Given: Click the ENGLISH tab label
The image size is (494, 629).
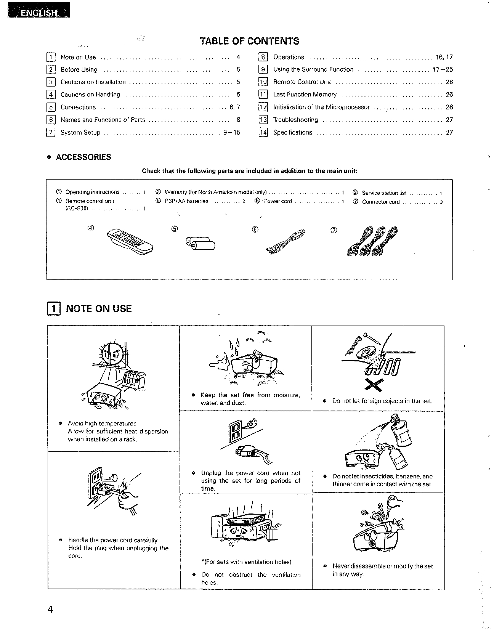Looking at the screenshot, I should tap(38, 13).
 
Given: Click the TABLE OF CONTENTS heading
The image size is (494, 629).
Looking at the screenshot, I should tap(249, 41).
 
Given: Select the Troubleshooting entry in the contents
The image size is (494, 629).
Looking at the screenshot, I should tap(295, 120).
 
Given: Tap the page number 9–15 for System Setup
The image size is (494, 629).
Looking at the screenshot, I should tap(232, 133).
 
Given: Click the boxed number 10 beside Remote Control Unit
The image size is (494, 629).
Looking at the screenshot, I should tap(263, 82).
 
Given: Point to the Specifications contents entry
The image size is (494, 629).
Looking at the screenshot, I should tap(292, 132).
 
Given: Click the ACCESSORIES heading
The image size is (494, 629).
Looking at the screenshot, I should tap(83, 157).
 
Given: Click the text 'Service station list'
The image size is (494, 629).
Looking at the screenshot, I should tap(384, 193).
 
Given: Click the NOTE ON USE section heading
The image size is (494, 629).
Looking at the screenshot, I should tap(98, 308).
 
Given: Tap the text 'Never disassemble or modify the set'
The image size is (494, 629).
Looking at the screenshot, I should tap(382, 566).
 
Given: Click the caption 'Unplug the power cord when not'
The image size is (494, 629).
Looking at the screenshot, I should tap(250, 473).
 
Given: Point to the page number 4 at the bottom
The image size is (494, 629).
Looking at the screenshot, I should tap(50, 609).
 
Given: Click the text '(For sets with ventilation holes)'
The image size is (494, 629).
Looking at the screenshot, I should tap(246, 562).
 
